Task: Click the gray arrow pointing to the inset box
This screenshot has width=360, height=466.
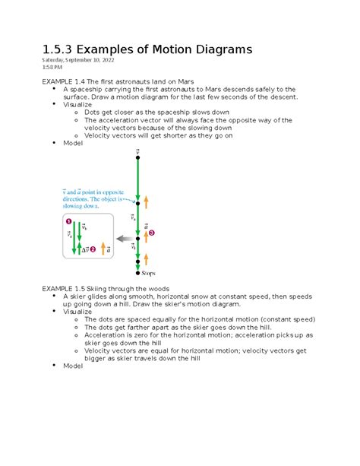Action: pos(123,239)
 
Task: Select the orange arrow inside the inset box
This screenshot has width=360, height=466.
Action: pos(103,248)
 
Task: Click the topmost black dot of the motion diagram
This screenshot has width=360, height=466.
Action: pos(137,159)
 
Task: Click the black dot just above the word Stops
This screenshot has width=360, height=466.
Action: pos(137,271)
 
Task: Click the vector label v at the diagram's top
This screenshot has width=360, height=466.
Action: pos(137,152)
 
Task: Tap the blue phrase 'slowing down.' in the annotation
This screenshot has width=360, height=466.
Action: pos(88,205)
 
